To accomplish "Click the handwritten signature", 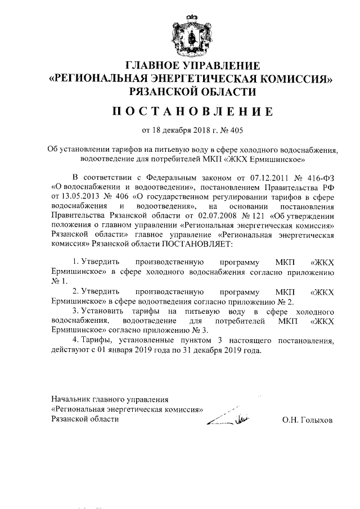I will [227, 417].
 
